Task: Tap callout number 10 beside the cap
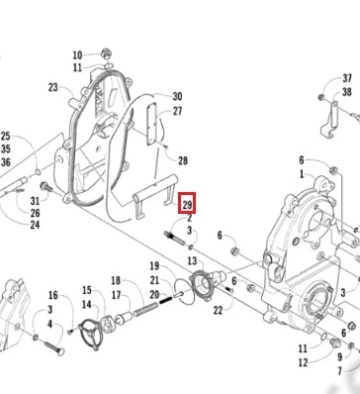[77, 54]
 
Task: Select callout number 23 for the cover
[52, 87]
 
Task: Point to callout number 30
[177, 96]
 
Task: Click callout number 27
[177, 111]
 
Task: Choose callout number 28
[183, 160]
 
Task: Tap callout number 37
[347, 78]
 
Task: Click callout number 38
[347, 92]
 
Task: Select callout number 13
[192, 261]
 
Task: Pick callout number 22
[218, 310]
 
